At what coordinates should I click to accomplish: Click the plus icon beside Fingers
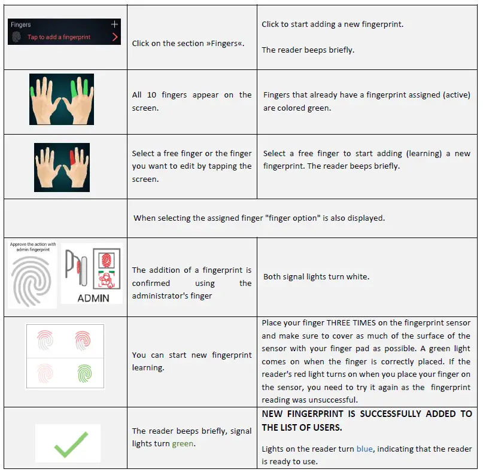[115, 25]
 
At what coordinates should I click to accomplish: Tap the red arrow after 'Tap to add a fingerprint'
[115, 37]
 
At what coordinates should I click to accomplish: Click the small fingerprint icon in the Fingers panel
[17, 37]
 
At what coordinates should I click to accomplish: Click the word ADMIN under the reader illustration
[93, 297]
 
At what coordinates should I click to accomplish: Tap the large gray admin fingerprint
[32, 281]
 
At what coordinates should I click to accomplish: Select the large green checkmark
[67, 446]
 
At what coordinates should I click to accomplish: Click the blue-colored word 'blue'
[364, 449]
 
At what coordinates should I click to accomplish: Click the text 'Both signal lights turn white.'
[316, 277]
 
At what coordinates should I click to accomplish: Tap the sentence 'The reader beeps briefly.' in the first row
[308, 50]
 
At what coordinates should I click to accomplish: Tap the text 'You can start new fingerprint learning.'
[192, 361]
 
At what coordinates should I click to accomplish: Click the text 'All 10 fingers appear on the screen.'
[192, 102]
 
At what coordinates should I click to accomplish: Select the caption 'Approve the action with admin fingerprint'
[32, 246]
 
